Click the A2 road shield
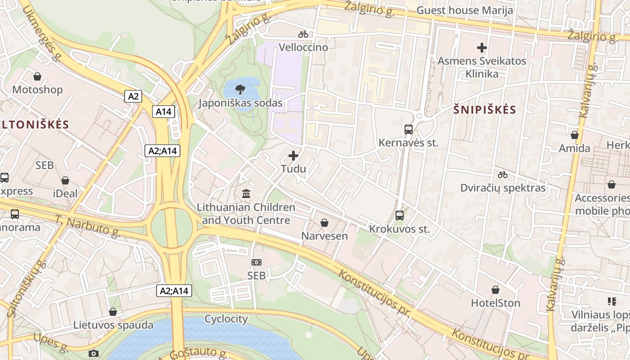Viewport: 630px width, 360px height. (x=134, y=96)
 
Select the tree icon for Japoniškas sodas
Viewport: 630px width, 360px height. (x=240, y=89)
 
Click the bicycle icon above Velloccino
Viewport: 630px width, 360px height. (x=303, y=34)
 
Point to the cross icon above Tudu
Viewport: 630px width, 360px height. (x=293, y=156)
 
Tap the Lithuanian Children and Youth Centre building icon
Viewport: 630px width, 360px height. (x=246, y=194)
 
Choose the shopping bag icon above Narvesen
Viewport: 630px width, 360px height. (x=324, y=223)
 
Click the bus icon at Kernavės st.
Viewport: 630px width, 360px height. (x=409, y=130)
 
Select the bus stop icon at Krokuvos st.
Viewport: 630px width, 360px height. (x=399, y=216)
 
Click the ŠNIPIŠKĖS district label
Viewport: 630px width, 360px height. (x=485, y=110)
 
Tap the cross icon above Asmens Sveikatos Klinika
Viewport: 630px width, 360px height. (x=482, y=47)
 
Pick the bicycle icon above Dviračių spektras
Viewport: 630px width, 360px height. (x=503, y=175)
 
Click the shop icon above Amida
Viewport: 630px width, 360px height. (x=574, y=135)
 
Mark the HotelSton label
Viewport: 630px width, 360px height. (x=495, y=303)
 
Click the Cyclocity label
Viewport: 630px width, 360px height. (x=226, y=319)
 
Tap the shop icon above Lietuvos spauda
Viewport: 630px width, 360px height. (x=113, y=312)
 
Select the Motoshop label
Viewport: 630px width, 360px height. (x=37, y=90)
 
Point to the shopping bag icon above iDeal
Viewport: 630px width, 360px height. (x=65, y=180)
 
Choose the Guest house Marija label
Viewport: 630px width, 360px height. (x=465, y=10)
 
